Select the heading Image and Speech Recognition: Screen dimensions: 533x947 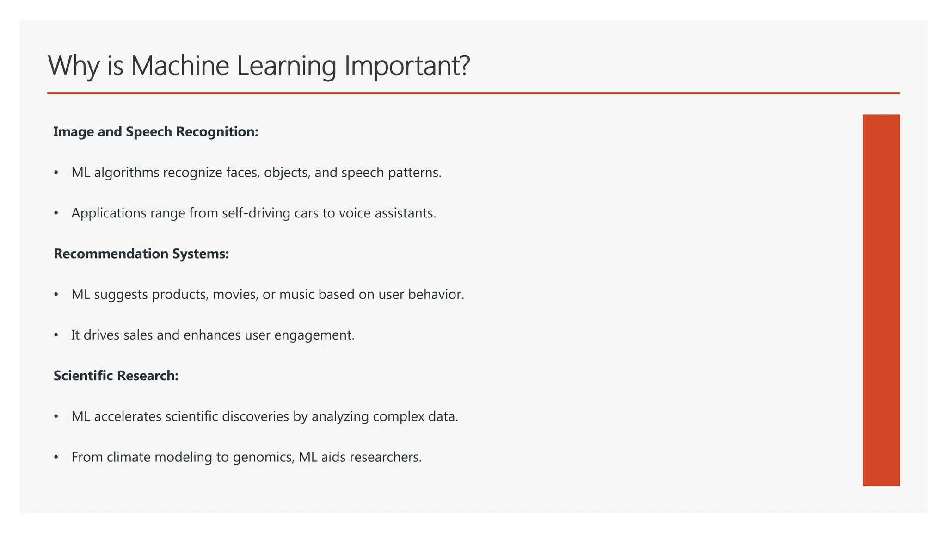click(x=156, y=132)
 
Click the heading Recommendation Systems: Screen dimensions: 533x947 click(x=141, y=254)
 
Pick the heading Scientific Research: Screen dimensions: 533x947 click(x=116, y=376)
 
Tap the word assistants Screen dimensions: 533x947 click(x=405, y=213)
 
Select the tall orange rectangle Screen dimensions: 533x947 click(x=881, y=300)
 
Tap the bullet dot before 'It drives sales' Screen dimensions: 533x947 click(x=56, y=335)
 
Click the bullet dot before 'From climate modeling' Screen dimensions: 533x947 click(x=56, y=457)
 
